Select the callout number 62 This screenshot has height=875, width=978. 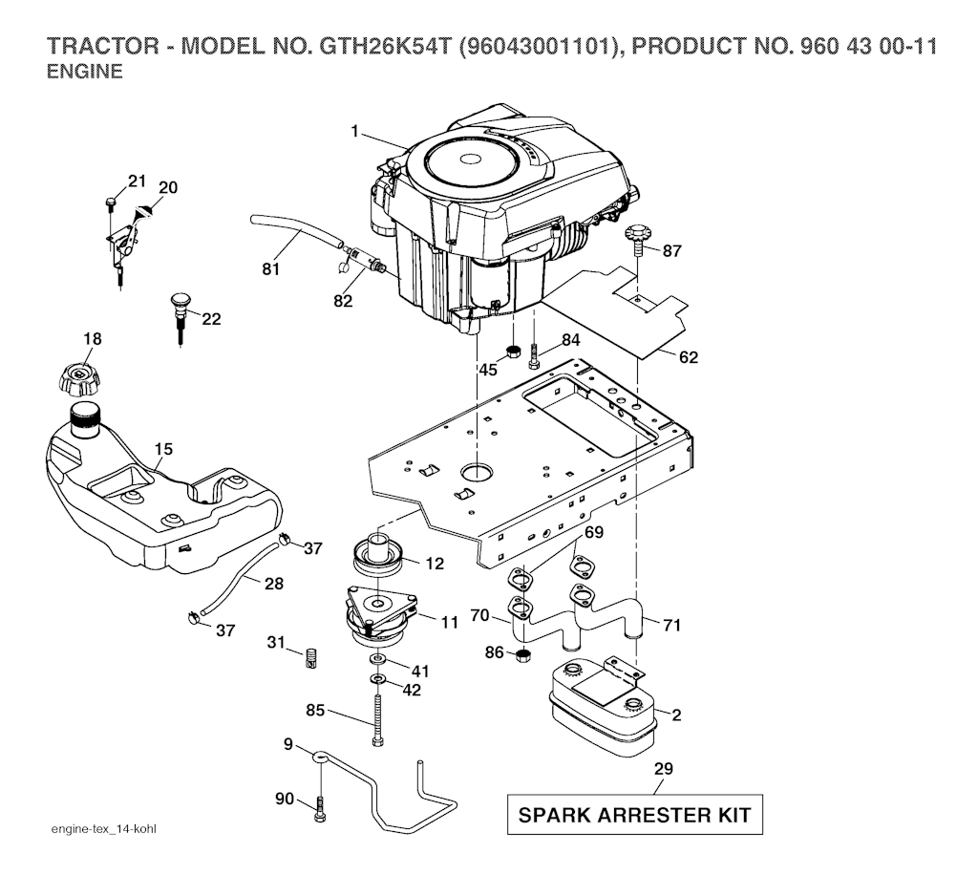tap(689, 358)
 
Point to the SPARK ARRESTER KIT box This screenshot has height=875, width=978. tap(634, 816)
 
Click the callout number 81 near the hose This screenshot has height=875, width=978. tap(271, 270)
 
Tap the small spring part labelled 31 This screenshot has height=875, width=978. tap(309, 658)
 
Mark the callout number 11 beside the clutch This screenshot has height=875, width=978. tap(450, 621)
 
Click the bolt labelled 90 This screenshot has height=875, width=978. tap(319, 813)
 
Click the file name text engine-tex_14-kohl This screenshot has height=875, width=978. tap(102, 826)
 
